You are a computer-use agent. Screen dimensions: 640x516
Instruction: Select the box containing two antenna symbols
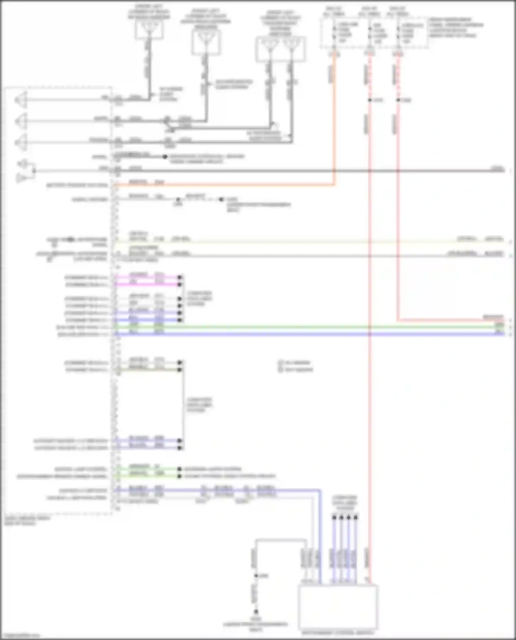click(280, 49)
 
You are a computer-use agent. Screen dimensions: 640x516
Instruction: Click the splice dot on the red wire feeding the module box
click(370, 100)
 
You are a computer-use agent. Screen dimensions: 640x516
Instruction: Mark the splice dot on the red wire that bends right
click(398, 100)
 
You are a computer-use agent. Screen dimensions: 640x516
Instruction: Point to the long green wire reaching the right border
click(310, 327)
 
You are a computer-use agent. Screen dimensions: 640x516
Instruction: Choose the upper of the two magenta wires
click(148, 277)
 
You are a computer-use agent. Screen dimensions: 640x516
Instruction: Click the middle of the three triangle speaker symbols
click(21, 121)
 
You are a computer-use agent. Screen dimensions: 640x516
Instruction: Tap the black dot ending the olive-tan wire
click(179, 370)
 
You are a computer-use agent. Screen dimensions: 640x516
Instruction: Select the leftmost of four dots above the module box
click(334, 517)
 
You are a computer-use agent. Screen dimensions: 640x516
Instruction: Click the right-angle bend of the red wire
click(398, 320)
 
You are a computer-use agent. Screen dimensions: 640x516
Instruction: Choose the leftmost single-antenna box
click(149, 29)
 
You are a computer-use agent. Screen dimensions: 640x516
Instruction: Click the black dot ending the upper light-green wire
click(179, 469)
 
